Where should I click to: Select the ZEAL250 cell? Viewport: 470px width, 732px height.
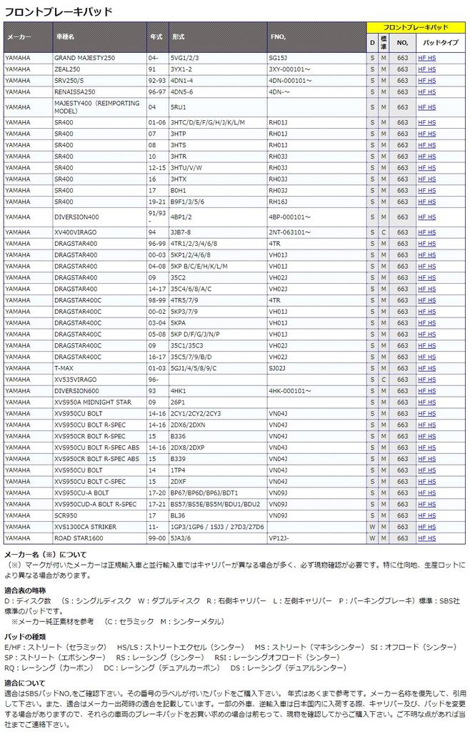coord(68,69)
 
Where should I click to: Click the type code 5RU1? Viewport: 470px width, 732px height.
coord(178,107)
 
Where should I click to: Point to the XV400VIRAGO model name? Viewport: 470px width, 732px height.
coord(76,232)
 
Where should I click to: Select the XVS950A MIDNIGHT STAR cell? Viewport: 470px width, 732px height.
coord(93,402)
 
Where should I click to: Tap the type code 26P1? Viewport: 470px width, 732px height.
coord(177,402)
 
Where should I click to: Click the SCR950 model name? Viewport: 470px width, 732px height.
coord(66,515)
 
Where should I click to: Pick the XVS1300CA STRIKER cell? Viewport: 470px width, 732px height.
coord(85,527)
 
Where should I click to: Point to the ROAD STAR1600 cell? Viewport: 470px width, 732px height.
coord(79,538)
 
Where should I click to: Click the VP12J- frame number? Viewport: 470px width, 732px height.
coord(279,538)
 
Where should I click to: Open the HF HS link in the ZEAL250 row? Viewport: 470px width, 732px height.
coord(426,69)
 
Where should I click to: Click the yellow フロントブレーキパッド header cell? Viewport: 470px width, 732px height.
coord(415,27)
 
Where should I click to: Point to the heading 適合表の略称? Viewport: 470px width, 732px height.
coord(25,590)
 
